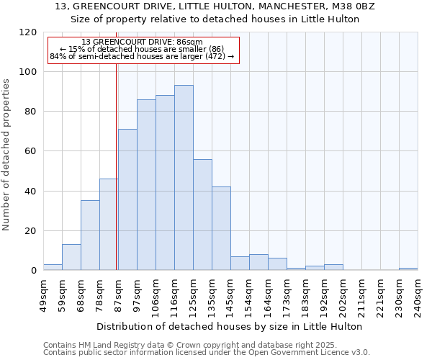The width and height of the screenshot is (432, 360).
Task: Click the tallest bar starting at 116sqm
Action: [184, 178]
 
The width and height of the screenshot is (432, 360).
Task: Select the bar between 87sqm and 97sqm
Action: [127, 199]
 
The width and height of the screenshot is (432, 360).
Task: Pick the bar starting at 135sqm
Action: [221, 228]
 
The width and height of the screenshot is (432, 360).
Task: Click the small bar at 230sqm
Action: [408, 269]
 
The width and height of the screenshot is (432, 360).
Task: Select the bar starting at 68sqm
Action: [90, 235]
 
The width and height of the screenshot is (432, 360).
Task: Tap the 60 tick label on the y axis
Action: [31, 151]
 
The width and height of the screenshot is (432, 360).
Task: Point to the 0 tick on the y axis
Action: [34, 271]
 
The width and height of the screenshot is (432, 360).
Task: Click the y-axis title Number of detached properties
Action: [6, 155]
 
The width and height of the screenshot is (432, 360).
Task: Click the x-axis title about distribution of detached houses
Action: [230, 326]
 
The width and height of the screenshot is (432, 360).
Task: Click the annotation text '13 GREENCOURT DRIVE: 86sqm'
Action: [142, 42]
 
